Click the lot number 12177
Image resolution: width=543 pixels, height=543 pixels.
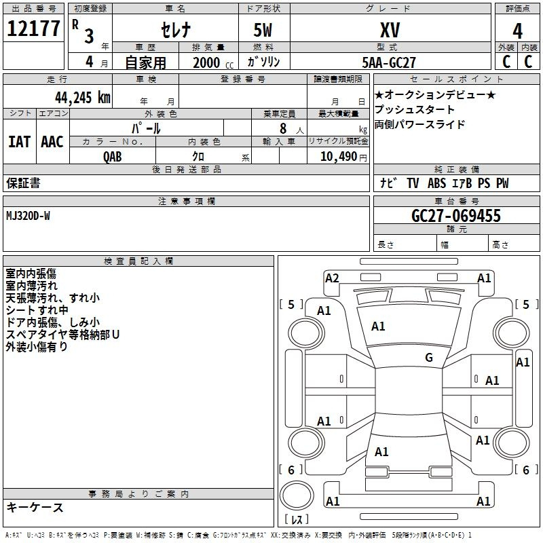(x=33, y=29)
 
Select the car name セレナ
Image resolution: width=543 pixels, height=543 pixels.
(x=176, y=30)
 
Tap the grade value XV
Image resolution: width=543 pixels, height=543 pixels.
(x=390, y=30)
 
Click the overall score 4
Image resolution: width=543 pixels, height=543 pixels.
(x=517, y=31)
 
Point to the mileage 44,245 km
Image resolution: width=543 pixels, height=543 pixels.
(x=83, y=98)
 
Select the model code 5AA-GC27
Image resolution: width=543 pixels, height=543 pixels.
(x=388, y=62)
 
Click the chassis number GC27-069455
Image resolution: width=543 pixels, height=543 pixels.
(x=456, y=216)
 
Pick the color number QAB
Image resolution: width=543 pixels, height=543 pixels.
(x=113, y=157)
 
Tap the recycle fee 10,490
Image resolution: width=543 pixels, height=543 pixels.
(x=338, y=157)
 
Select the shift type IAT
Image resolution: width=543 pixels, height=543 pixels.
(x=20, y=142)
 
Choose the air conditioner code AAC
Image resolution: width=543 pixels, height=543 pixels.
(x=52, y=142)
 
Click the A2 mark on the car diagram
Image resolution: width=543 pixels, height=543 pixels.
(x=332, y=278)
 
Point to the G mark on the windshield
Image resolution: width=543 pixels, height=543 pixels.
(x=429, y=357)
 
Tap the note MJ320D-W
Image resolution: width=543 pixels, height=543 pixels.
(x=28, y=216)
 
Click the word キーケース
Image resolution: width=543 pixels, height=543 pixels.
(x=35, y=507)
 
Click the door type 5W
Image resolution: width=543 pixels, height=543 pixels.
(x=263, y=30)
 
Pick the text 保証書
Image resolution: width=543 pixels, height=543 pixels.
(x=23, y=183)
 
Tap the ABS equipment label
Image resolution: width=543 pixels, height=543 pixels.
(x=436, y=183)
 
